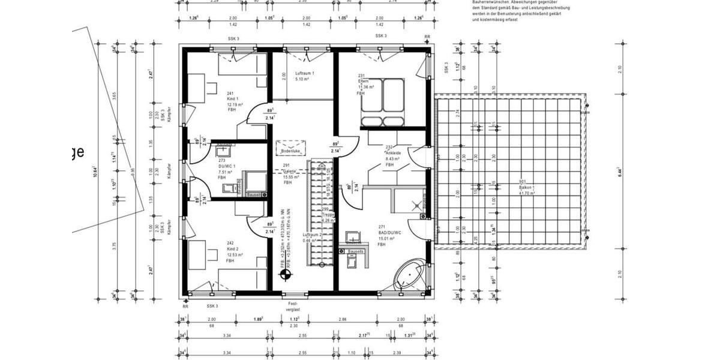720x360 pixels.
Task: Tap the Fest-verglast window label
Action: (293, 306)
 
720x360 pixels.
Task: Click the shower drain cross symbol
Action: (414, 202)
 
